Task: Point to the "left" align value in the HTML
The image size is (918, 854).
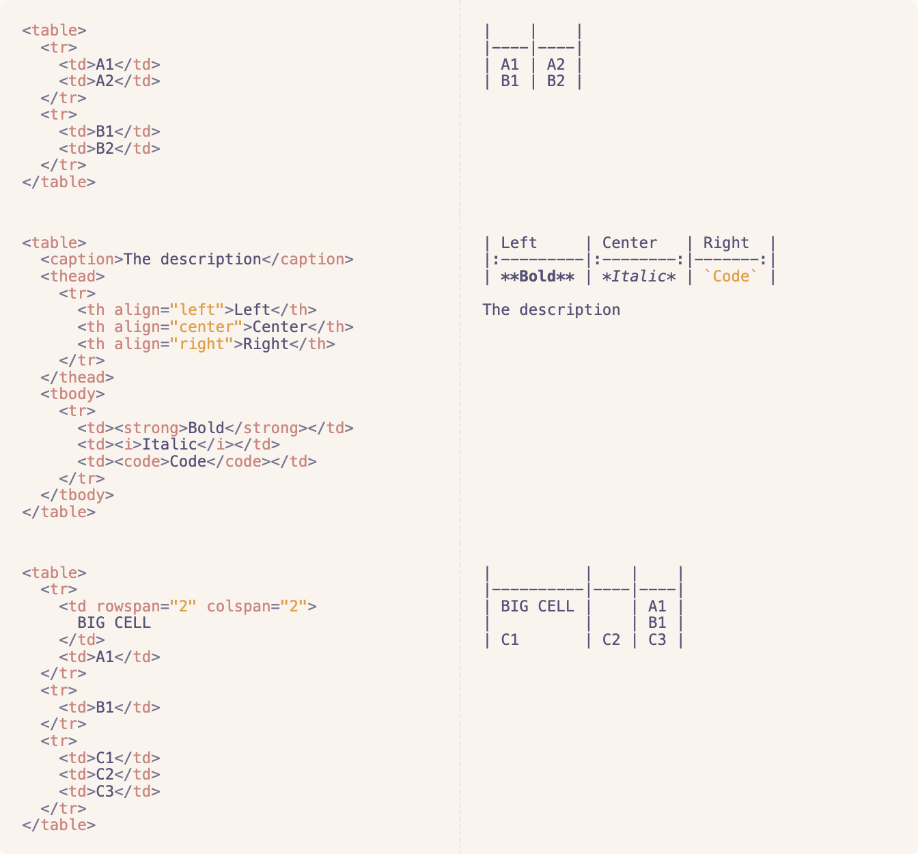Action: (197, 310)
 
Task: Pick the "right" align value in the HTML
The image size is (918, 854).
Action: (201, 344)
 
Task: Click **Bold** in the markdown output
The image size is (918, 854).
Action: (538, 277)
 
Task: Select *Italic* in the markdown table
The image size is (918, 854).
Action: (639, 277)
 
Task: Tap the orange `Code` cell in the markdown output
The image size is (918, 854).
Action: (731, 277)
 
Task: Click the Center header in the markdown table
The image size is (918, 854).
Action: (629, 243)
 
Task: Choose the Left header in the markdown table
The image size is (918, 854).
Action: (519, 243)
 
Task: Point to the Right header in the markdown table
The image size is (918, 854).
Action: (726, 243)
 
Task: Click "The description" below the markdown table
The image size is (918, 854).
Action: (551, 310)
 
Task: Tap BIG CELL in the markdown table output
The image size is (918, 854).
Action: (538, 606)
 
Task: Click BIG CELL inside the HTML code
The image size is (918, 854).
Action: (114, 623)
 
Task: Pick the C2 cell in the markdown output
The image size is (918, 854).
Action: (611, 640)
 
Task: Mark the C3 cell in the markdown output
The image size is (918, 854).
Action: (657, 640)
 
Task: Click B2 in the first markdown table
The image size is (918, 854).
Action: (556, 81)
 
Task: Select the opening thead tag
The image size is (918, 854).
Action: (72, 277)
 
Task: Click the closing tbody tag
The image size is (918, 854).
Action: (77, 495)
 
